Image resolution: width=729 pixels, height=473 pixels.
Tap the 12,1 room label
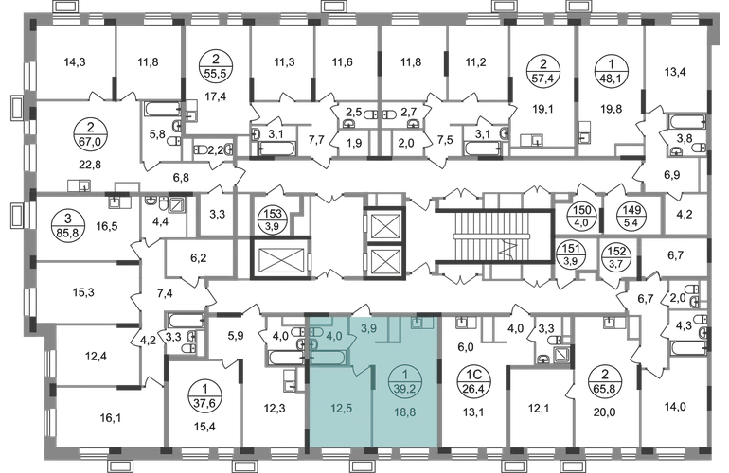coord(537,409)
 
